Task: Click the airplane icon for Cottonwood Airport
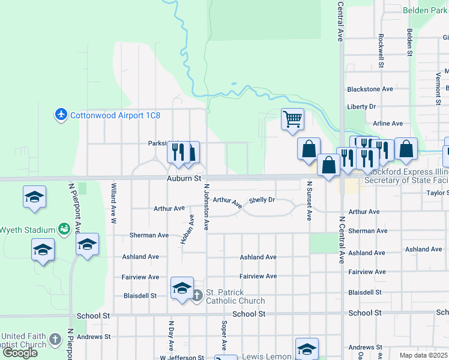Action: coord(61,114)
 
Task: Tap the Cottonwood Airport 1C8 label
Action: coord(115,115)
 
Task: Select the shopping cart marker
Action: coord(292,119)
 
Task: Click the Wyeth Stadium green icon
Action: coord(64,229)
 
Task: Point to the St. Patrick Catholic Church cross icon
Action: coord(197,295)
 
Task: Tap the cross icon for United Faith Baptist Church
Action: coord(55,340)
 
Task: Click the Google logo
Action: coord(20,352)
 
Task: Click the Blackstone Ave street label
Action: coord(370,89)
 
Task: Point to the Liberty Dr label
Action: coord(361,106)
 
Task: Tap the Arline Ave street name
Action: coord(387,124)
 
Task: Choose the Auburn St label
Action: coord(184,179)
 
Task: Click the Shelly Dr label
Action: coord(262,200)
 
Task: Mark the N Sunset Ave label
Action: coord(310,201)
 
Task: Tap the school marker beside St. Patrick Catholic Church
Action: coord(182,288)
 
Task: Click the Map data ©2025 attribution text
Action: coord(423,355)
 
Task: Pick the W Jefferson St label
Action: coord(182,358)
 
